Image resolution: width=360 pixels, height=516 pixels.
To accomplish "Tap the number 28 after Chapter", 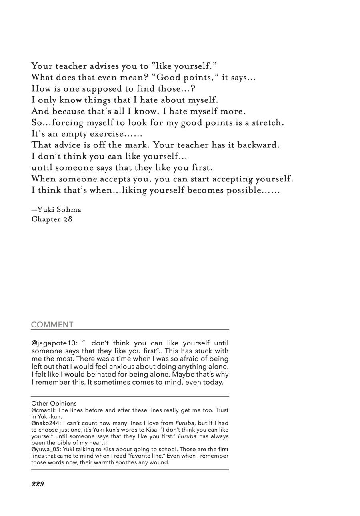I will [x=68, y=219].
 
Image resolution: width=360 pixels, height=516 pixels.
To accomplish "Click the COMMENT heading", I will [x=52, y=325].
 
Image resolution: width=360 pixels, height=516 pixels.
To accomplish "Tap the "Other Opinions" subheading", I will [x=54, y=404].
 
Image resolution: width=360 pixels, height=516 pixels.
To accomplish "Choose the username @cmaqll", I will [x=44, y=410].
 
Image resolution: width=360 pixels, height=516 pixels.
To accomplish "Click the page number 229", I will [x=38, y=484].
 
